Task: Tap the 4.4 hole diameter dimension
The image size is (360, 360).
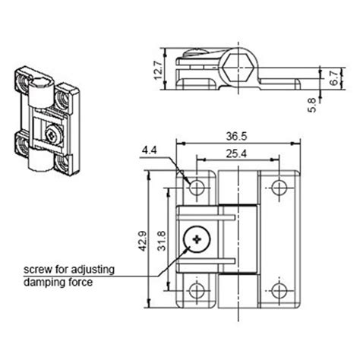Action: pyautogui.click(x=150, y=152)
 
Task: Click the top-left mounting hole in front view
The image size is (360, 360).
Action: pyautogui.click(x=197, y=187)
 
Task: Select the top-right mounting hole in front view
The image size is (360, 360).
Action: pyautogui.click(x=279, y=187)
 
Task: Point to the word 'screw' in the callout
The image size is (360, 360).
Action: pyautogui.click(x=37, y=270)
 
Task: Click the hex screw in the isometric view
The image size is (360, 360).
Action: pyautogui.click(x=51, y=137)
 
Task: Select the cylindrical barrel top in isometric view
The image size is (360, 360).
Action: pyautogui.click(x=43, y=92)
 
